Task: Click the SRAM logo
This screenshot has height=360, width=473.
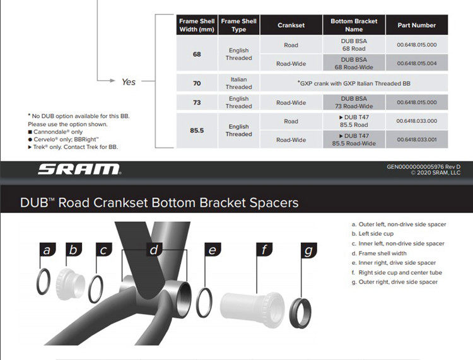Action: tap(79, 169)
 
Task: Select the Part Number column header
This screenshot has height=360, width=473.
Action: tap(416, 25)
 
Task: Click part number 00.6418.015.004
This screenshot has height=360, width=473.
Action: tap(416, 63)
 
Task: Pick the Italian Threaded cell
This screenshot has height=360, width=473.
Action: tap(238, 83)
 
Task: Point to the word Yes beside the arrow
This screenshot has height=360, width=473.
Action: tap(128, 82)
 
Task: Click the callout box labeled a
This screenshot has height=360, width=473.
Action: tap(46, 250)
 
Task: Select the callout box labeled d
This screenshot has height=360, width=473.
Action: tap(153, 250)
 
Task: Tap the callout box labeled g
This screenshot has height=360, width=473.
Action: tap(308, 250)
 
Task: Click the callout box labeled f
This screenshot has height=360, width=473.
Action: tap(265, 250)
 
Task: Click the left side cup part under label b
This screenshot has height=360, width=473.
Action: tap(70, 282)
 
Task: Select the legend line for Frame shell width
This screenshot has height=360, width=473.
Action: tap(380, 253)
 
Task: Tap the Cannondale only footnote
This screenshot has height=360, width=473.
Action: tap(55, 132)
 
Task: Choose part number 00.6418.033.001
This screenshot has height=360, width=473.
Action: tap(416, 140)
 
